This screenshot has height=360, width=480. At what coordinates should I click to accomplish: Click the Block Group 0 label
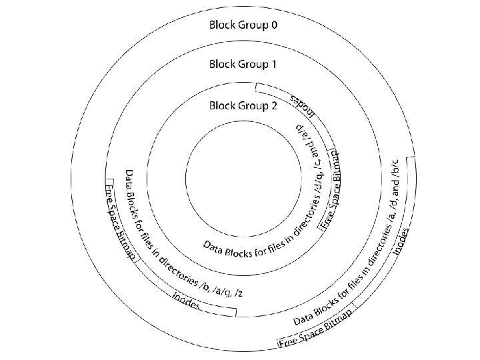[x=242, y=26]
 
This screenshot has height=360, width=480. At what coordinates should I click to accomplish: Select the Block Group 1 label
[x=242, y=65]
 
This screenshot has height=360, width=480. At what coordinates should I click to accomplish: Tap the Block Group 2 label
[x=242, y=105]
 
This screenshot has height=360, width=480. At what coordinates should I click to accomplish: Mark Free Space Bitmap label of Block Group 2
[x=331, y=190]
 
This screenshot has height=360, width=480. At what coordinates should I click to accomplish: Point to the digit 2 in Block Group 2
[x=273, y=105]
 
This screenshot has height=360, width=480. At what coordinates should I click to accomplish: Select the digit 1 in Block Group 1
[x=273, y=65]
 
